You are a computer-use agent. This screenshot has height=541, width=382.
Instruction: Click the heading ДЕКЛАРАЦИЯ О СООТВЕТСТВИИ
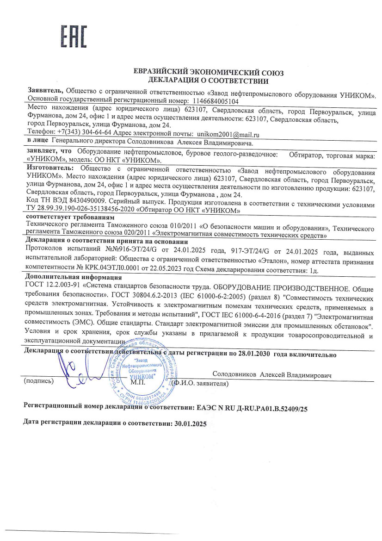208,81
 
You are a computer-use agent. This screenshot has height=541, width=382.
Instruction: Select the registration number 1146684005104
215,101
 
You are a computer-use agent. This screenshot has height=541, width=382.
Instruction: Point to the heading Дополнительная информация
72,278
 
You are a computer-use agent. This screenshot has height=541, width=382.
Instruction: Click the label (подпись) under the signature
38,382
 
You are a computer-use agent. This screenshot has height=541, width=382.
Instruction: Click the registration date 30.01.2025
188,423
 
